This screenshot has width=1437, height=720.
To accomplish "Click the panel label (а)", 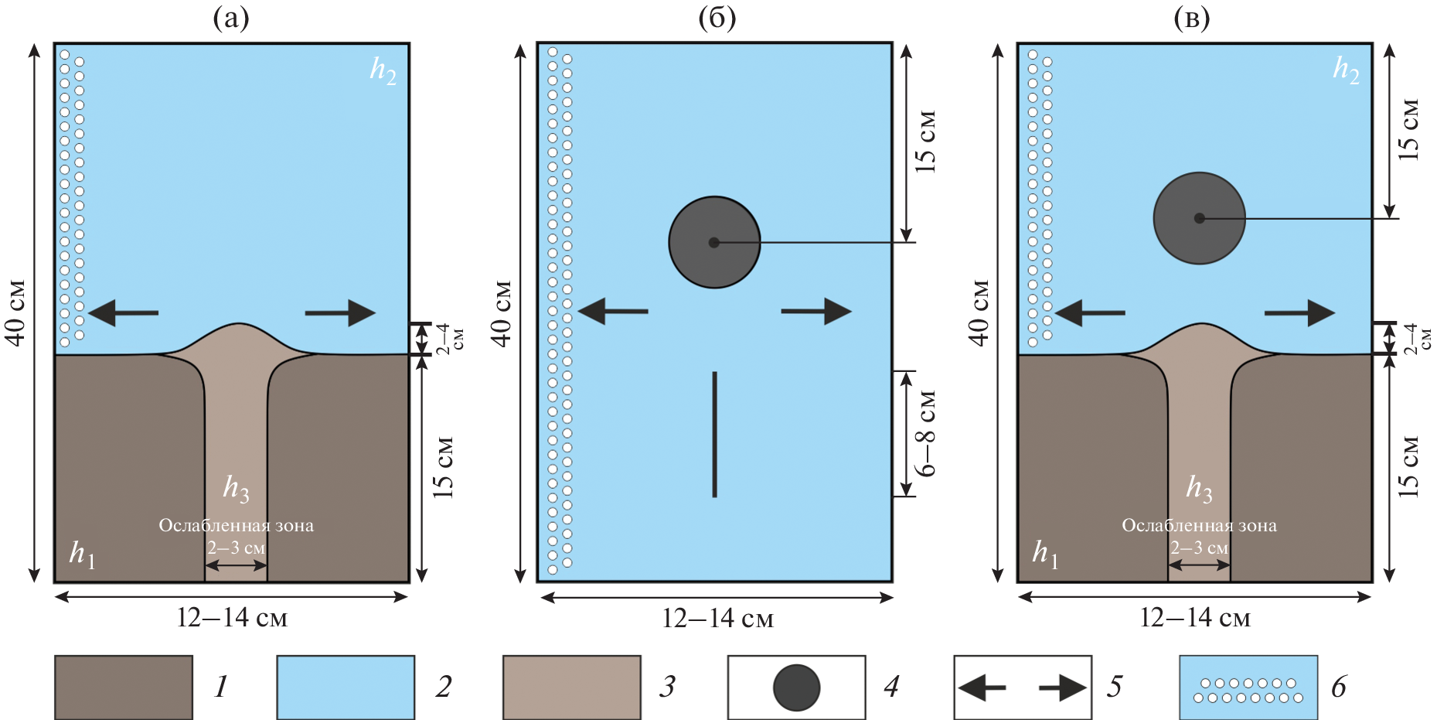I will pos(231,19).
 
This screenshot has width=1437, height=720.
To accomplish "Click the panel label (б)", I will pos(717,19).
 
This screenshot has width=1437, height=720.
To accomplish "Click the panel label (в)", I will pos(1191,19).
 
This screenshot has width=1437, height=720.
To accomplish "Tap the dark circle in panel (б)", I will pos(714,242).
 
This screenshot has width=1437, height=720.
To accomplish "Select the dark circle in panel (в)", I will pos(1199,218).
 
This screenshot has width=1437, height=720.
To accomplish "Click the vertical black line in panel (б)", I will pos(715,434).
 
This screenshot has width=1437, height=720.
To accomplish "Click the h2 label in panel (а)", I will pos(383,70).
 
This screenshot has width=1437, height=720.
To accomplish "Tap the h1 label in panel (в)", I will pos(1044,554).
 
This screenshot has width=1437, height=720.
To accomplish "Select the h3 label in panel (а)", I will pos(236,488).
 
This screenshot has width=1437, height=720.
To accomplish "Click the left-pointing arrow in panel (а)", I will pos(124,312).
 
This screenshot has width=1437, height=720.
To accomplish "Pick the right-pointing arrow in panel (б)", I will pos(816,311).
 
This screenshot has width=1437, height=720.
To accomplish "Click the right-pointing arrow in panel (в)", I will pos(1299,312).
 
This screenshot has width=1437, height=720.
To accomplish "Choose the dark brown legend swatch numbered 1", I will pos(124,687).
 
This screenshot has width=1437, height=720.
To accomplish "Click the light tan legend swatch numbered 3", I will pos(571,687).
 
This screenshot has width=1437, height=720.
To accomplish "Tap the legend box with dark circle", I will pos(796,687).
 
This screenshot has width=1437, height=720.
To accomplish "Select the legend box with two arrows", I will pos(1022,687).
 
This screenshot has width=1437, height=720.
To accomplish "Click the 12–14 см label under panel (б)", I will pos(717,619).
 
